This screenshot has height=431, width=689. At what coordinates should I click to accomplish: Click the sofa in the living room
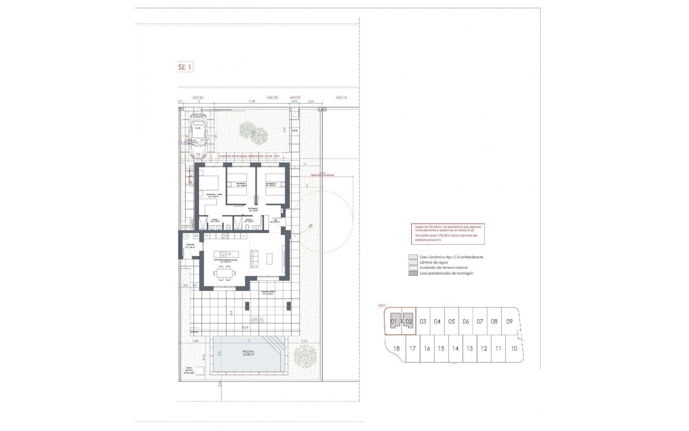coord(254,258)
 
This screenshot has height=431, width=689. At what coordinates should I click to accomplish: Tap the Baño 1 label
coord(215,220)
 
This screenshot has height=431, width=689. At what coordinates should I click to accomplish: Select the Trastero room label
coord(190,246)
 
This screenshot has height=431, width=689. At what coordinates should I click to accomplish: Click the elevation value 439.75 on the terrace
coord(257,320)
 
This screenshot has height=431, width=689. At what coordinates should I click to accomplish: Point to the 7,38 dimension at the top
coord(252,102)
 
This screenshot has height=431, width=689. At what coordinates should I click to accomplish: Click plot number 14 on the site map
coord(455,348)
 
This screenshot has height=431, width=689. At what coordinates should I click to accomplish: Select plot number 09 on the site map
coord(509,321)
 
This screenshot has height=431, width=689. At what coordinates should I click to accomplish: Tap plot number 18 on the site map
coord(396,348)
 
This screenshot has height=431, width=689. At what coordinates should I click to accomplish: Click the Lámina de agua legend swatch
coord(413,263)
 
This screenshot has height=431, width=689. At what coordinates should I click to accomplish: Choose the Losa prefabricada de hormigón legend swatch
coord(413,273)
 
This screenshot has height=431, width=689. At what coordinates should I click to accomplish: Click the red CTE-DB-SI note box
coord(447,234)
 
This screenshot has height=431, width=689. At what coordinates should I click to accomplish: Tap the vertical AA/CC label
coord(192,224)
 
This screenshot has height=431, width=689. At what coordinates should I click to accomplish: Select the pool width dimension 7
coord(249,340)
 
